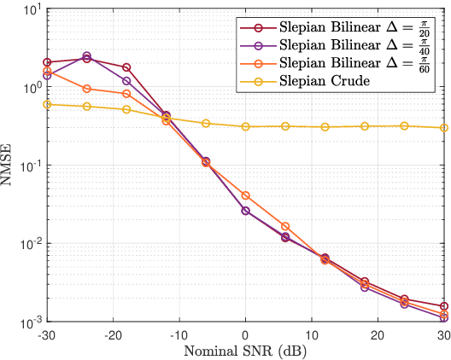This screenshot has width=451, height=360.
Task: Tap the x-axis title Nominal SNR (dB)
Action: click(245, 351)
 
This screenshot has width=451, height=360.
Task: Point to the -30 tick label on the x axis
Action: click(47, 335)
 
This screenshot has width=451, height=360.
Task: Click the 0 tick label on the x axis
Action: click(245, 335)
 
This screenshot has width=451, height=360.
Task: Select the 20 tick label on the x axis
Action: click(377, 335)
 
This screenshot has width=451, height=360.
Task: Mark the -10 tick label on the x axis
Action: click(179, 335)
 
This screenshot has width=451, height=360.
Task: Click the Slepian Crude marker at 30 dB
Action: click(443, 128)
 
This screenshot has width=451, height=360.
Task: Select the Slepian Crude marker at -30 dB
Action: click(47, 104)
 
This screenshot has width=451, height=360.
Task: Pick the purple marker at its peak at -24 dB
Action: click(86, 55)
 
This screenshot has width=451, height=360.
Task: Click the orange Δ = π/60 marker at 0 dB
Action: click(245, 195)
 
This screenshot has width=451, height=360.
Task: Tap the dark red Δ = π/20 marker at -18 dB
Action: click(126, 67)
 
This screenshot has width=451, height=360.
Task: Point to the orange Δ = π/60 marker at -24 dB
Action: click(86, 88)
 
